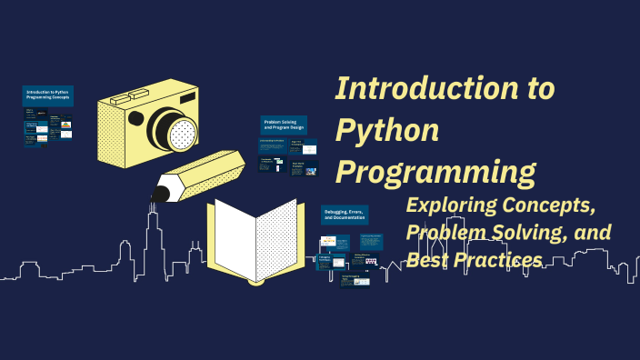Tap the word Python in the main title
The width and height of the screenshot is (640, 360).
(387, 131)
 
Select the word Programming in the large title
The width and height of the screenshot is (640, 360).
(435, 173)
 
